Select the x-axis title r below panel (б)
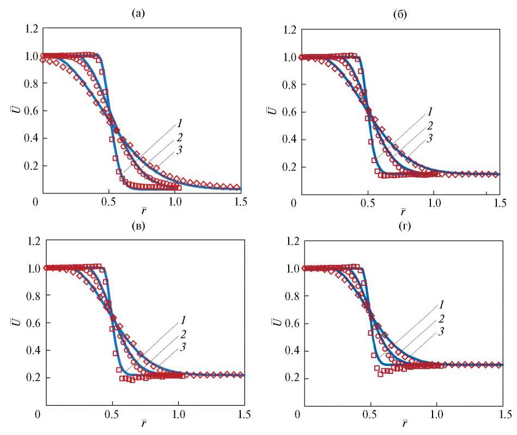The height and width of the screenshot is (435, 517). point(403,212)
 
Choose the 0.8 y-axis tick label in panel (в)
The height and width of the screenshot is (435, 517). point(30,295)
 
